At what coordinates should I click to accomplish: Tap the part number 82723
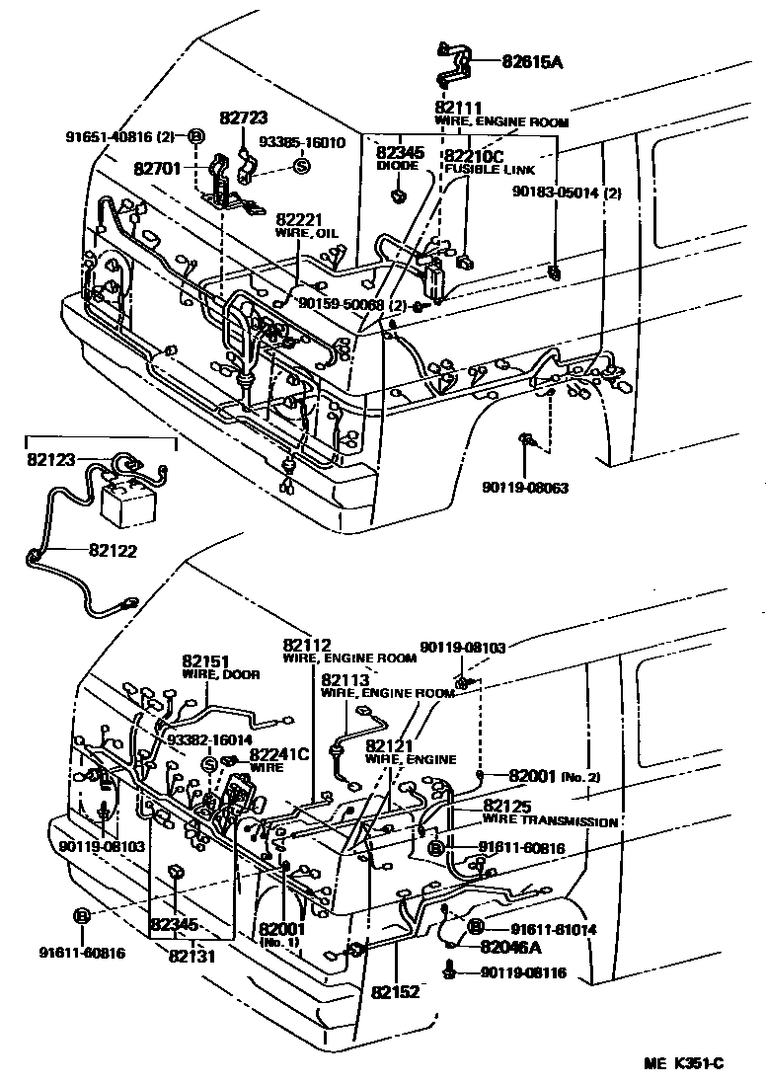click(x=244, y=118)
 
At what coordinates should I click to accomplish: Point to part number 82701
click(x=158, y=168)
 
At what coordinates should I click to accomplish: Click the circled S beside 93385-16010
click(x=302, y=166)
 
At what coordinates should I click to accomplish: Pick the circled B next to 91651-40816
click(x=195, y=136)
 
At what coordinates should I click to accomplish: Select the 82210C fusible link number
click(x=474, y=156)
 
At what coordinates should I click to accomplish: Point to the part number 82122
click(x=114, y=551)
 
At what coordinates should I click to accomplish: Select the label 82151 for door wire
click(x=205, y=661)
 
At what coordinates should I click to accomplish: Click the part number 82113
click(x=345, y=680)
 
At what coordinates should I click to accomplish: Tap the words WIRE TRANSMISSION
click(x=550, y=821)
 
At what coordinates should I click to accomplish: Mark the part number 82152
click(x=396, y=988)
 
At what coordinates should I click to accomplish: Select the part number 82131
click(x=192, y=956)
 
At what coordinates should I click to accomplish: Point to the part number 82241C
click(x=279, y=754)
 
